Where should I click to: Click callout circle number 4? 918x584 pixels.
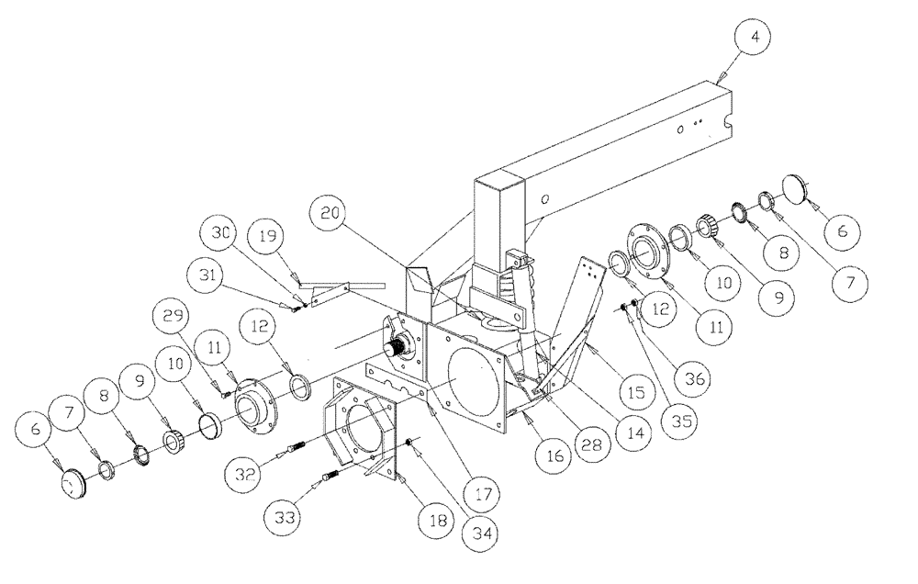pos(755,39)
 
